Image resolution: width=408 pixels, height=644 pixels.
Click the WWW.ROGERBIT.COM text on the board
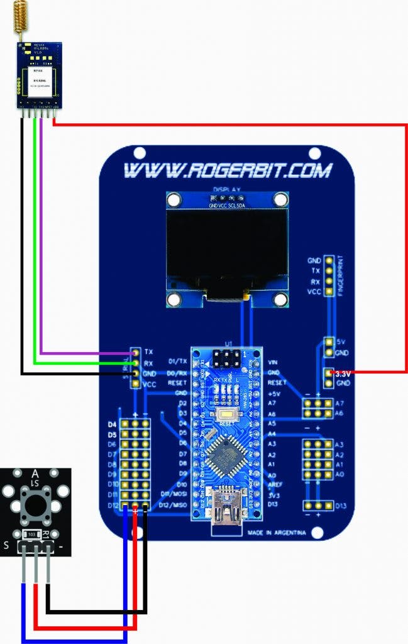(x=227, y=170)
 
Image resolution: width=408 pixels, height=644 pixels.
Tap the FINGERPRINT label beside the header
(x=341, y=276)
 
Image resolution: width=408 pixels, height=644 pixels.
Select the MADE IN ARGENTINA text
(x=277, y=533)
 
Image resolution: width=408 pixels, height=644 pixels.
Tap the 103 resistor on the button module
(x=31, y=535)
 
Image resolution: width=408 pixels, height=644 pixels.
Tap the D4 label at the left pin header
(x=112, y=425)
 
